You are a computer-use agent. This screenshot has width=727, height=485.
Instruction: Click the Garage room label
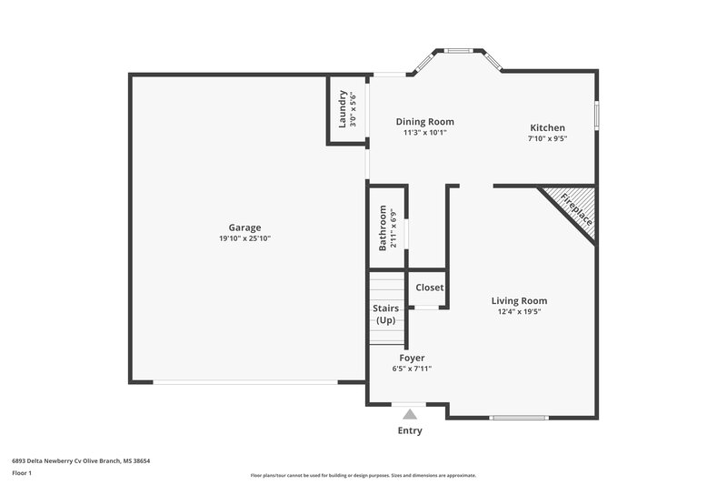coord(244,227)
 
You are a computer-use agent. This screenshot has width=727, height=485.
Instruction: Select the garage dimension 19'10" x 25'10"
coord(244,238)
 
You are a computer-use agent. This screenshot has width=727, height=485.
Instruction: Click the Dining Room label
coord(424,121)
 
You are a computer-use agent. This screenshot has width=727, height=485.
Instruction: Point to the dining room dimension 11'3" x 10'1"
coord(424,132)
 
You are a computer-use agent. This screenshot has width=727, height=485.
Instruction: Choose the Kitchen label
coord(547,127)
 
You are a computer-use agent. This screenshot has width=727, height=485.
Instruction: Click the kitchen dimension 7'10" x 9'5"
coord(547,139)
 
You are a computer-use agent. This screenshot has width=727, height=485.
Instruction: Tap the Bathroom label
coord(383,227)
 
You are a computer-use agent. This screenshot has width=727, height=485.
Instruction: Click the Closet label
coord(429,288)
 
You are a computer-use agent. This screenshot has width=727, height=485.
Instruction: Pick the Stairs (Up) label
coord(386,315)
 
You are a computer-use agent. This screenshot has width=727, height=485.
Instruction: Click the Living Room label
coord(519,300)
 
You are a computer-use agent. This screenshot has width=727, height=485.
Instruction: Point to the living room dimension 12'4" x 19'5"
coord(519,311)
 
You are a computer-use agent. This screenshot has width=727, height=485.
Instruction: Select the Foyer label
coord(411,358)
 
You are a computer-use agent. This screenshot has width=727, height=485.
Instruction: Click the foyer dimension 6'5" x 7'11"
coord(411,369)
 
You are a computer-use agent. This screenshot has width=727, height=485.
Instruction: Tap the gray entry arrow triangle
coord(410,414)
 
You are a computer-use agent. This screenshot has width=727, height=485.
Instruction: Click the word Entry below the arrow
coord(410,430)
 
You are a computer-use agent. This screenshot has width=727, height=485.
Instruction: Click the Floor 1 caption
coord(22,473)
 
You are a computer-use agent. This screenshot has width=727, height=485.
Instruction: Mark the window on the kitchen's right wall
coord(596,116)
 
